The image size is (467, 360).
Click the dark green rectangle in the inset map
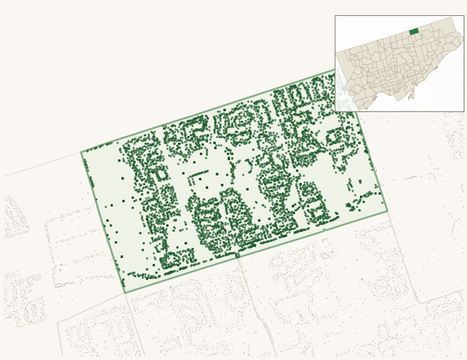point(414,31)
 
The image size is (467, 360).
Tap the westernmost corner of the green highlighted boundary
point(81,153)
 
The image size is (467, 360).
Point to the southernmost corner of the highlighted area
point(125,293)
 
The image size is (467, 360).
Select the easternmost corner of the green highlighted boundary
point(388,211)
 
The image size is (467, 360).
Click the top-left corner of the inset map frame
point(335,15)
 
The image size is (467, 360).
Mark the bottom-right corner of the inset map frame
point(464,111)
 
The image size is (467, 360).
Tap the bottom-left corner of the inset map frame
point(335,111)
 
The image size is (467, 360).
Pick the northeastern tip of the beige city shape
point(454,18)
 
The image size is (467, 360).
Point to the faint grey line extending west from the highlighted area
point(42,164)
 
